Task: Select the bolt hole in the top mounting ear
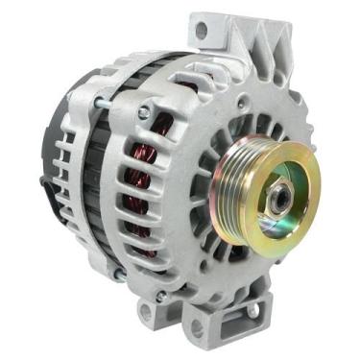(201, 30)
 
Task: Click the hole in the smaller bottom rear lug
(146, 311)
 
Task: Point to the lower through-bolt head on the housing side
(115, 274)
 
